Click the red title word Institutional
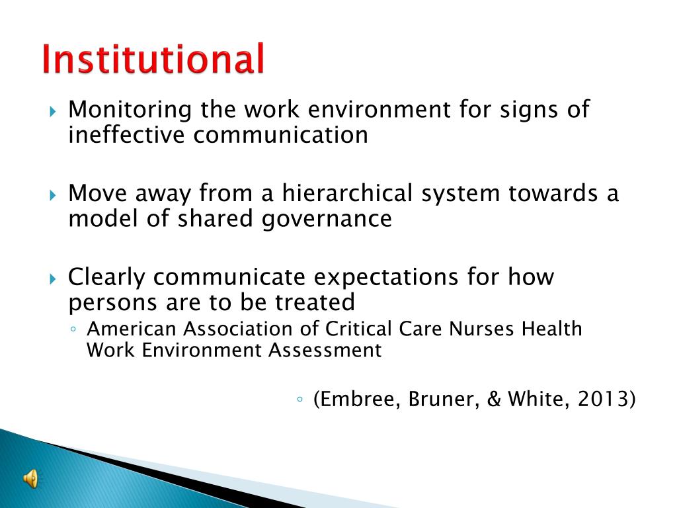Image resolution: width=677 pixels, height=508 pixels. coord(153,60)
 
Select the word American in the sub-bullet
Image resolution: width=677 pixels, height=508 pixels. coord(134,329)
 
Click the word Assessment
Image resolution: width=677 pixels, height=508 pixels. coord(325,350)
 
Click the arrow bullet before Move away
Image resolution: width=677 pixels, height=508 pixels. coord(54,195)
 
